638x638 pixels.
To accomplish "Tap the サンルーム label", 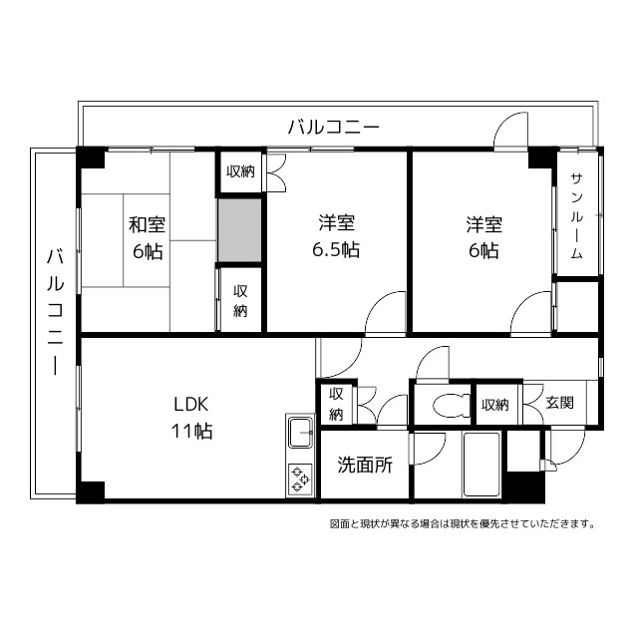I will [577, 215].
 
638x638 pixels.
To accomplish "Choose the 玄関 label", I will [559, 405].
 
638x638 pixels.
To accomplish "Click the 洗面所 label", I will [363, 464].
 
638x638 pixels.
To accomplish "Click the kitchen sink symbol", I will [300, 435].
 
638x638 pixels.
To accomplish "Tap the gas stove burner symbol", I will [300, 478].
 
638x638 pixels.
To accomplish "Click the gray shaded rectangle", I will [240, 231].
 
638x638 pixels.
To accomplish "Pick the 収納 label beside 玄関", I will [495, 405].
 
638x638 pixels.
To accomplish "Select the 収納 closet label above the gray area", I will [240, 171].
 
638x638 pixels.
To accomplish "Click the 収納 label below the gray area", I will [240, 300].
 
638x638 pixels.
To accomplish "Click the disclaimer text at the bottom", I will [462, 523].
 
